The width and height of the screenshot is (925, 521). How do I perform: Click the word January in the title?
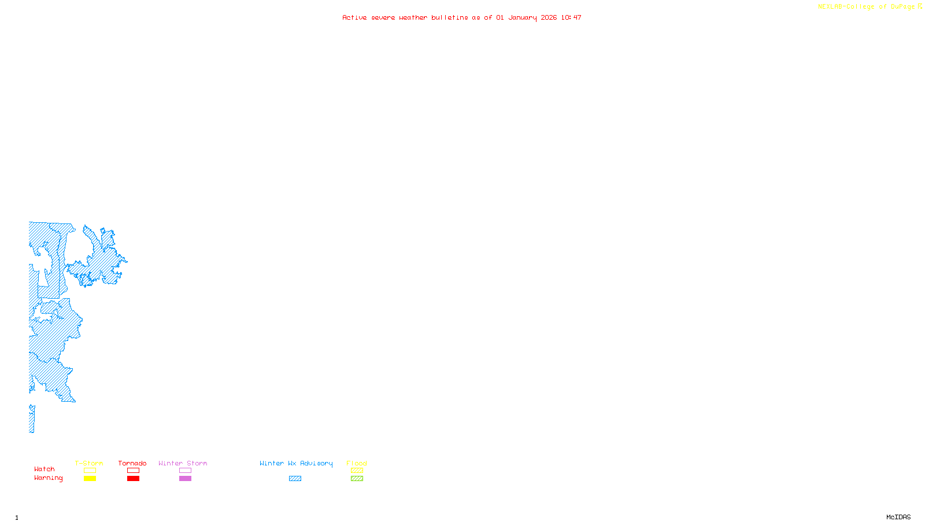522,18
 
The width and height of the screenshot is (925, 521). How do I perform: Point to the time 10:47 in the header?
571,18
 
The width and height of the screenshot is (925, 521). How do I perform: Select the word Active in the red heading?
354,18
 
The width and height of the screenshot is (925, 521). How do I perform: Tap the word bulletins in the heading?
449,18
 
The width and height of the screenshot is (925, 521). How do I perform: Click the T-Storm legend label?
89,463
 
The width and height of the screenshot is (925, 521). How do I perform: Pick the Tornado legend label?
132,463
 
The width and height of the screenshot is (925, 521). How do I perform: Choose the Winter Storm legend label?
183,463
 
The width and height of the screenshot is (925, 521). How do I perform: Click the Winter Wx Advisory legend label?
296,463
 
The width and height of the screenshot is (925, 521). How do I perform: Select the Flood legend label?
357,463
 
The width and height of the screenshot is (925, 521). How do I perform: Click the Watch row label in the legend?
45,469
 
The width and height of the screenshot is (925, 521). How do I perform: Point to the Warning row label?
48,478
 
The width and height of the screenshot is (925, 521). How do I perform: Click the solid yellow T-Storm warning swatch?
90,479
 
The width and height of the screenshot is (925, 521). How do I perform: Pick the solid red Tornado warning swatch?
133,479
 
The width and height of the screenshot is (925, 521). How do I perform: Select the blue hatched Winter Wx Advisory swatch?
295,479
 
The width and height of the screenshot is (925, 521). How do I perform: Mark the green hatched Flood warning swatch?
357,479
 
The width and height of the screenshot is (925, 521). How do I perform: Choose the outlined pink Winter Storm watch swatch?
185,471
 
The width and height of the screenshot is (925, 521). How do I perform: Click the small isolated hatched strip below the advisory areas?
32,419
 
